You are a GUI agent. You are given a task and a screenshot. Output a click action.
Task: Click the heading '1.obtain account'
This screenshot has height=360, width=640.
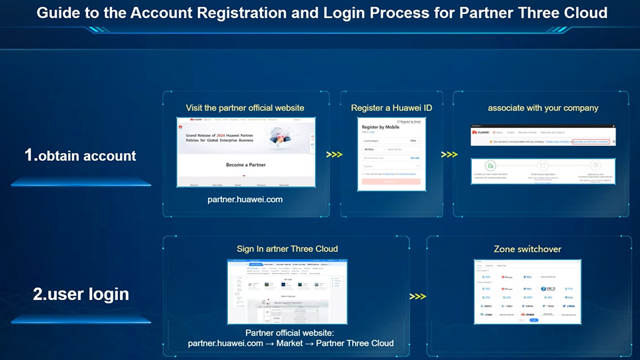coord(80,156)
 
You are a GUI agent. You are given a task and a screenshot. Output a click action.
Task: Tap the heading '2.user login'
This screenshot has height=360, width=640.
coord(81,294)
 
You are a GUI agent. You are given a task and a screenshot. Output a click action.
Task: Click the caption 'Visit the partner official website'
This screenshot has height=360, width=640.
coord(245,107)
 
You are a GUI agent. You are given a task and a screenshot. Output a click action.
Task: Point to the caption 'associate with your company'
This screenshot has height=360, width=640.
coord(543,107)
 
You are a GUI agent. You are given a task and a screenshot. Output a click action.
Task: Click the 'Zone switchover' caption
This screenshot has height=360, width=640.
coord(527,249)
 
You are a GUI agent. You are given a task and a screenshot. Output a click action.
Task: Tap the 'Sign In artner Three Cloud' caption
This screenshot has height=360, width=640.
coord(287,249)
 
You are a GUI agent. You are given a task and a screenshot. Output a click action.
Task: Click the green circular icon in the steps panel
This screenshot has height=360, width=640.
coord(490,165)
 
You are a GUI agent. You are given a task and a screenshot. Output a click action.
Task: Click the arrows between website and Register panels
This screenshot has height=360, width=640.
coord(335,155)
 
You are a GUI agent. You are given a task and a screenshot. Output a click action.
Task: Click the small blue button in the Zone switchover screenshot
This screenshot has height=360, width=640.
coord(533,320)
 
